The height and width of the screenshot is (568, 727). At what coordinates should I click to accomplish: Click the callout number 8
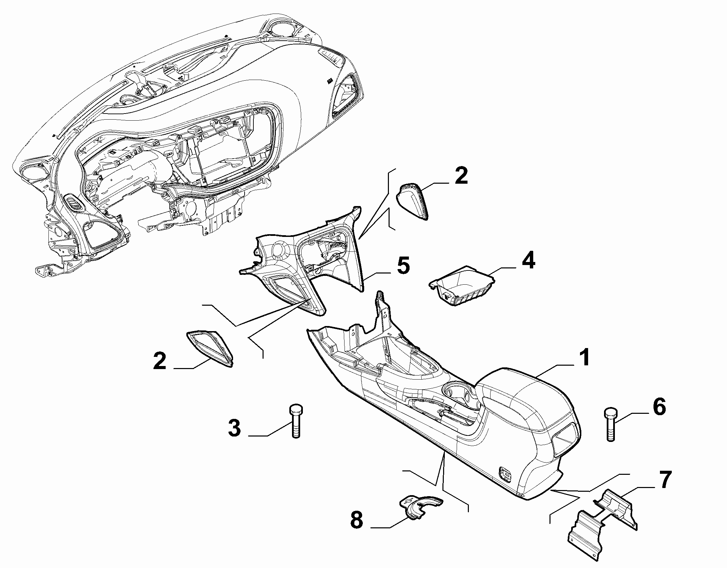(357, 529)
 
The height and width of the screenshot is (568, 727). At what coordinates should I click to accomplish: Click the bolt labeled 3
(295, 421)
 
